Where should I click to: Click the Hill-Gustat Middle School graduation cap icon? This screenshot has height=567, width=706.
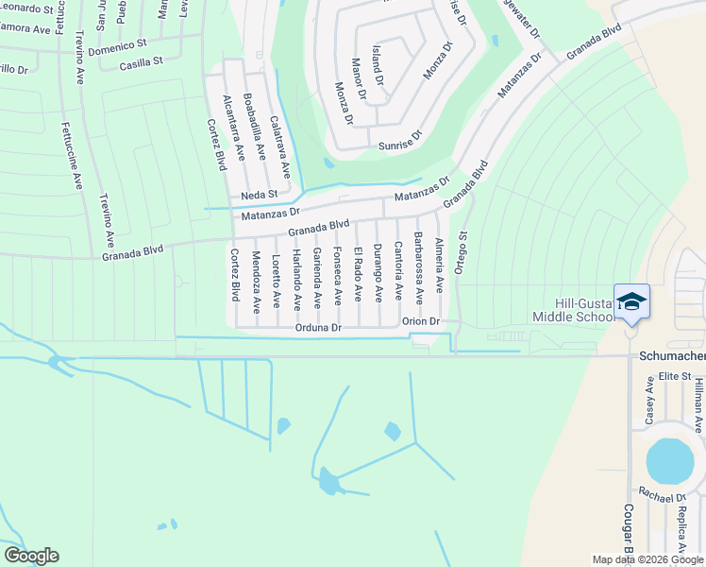(631, 302)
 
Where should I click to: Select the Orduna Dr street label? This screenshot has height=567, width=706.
(316, 328)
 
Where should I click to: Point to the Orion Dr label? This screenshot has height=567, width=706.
(421, 321)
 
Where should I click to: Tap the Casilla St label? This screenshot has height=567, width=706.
(142, 63)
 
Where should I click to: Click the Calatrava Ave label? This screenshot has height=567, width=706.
(280, 146)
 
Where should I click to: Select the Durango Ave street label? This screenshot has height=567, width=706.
(378, 272)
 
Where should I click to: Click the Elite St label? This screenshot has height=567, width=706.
(675, 376)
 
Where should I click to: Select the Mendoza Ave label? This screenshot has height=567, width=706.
(255, 282)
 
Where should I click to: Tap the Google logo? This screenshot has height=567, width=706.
(31, 556)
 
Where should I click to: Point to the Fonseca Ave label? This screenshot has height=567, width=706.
(337, 276)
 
